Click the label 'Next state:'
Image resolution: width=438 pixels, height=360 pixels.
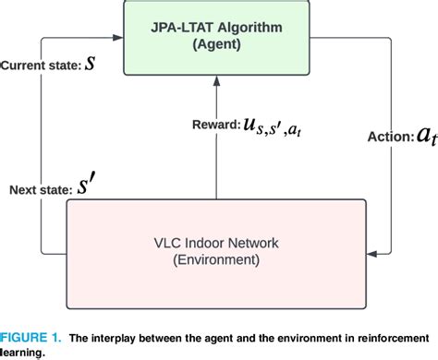tap(41, 191)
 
